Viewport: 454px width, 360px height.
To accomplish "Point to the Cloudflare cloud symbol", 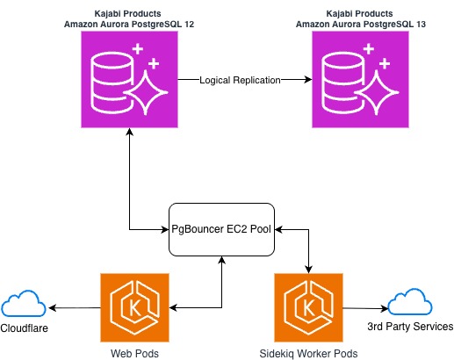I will (x=24, y=306).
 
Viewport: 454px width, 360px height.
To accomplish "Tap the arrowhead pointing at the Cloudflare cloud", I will (x=53, y=307).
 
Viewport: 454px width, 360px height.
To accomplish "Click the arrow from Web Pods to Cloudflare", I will (x=75, y=307).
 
